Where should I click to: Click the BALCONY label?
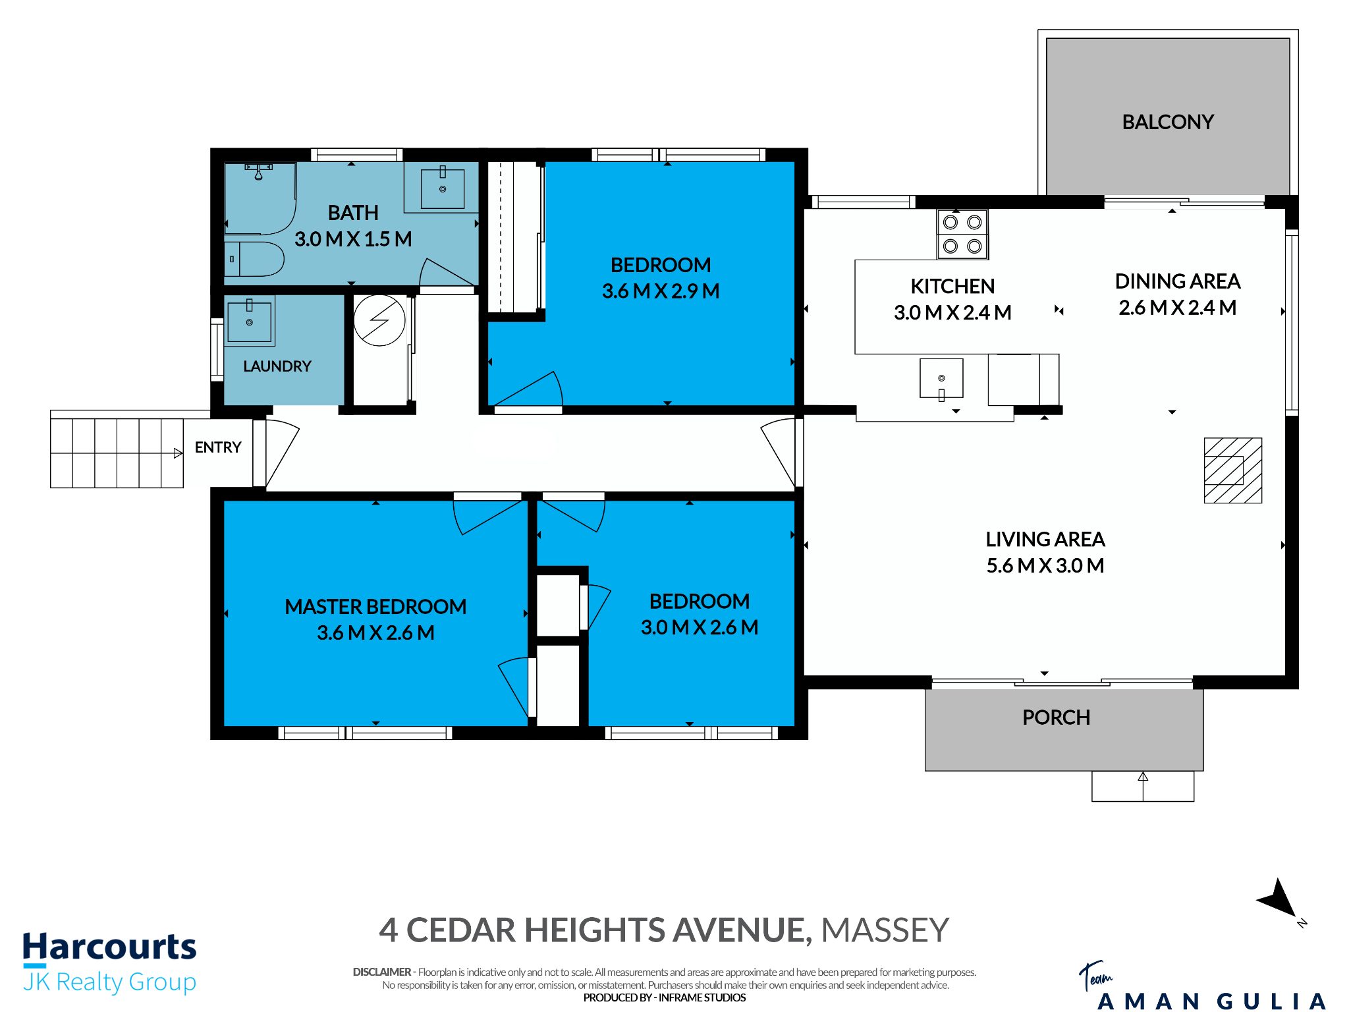(1167, 122)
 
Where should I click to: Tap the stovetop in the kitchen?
(962, 235)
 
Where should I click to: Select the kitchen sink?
(941, 379)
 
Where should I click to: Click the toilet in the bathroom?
(254, 259)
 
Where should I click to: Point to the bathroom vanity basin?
(443, 188)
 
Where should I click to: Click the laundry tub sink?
(250, 321)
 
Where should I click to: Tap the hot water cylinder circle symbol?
(379, 320)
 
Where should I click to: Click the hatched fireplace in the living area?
(1232, 470)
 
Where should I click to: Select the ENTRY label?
(218, 447)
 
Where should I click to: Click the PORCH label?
(1056, 717)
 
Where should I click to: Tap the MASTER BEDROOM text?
(375, 607)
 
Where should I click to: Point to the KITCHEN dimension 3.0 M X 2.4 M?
(952, 312)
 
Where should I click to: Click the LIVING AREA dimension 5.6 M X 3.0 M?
(1045, 565)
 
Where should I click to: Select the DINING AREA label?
(1178, 281)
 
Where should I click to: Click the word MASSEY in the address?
(885, 930)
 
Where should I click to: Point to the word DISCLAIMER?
(381, 972)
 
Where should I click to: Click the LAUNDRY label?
(277, 366)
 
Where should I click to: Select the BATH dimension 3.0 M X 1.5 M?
(353, 239)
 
